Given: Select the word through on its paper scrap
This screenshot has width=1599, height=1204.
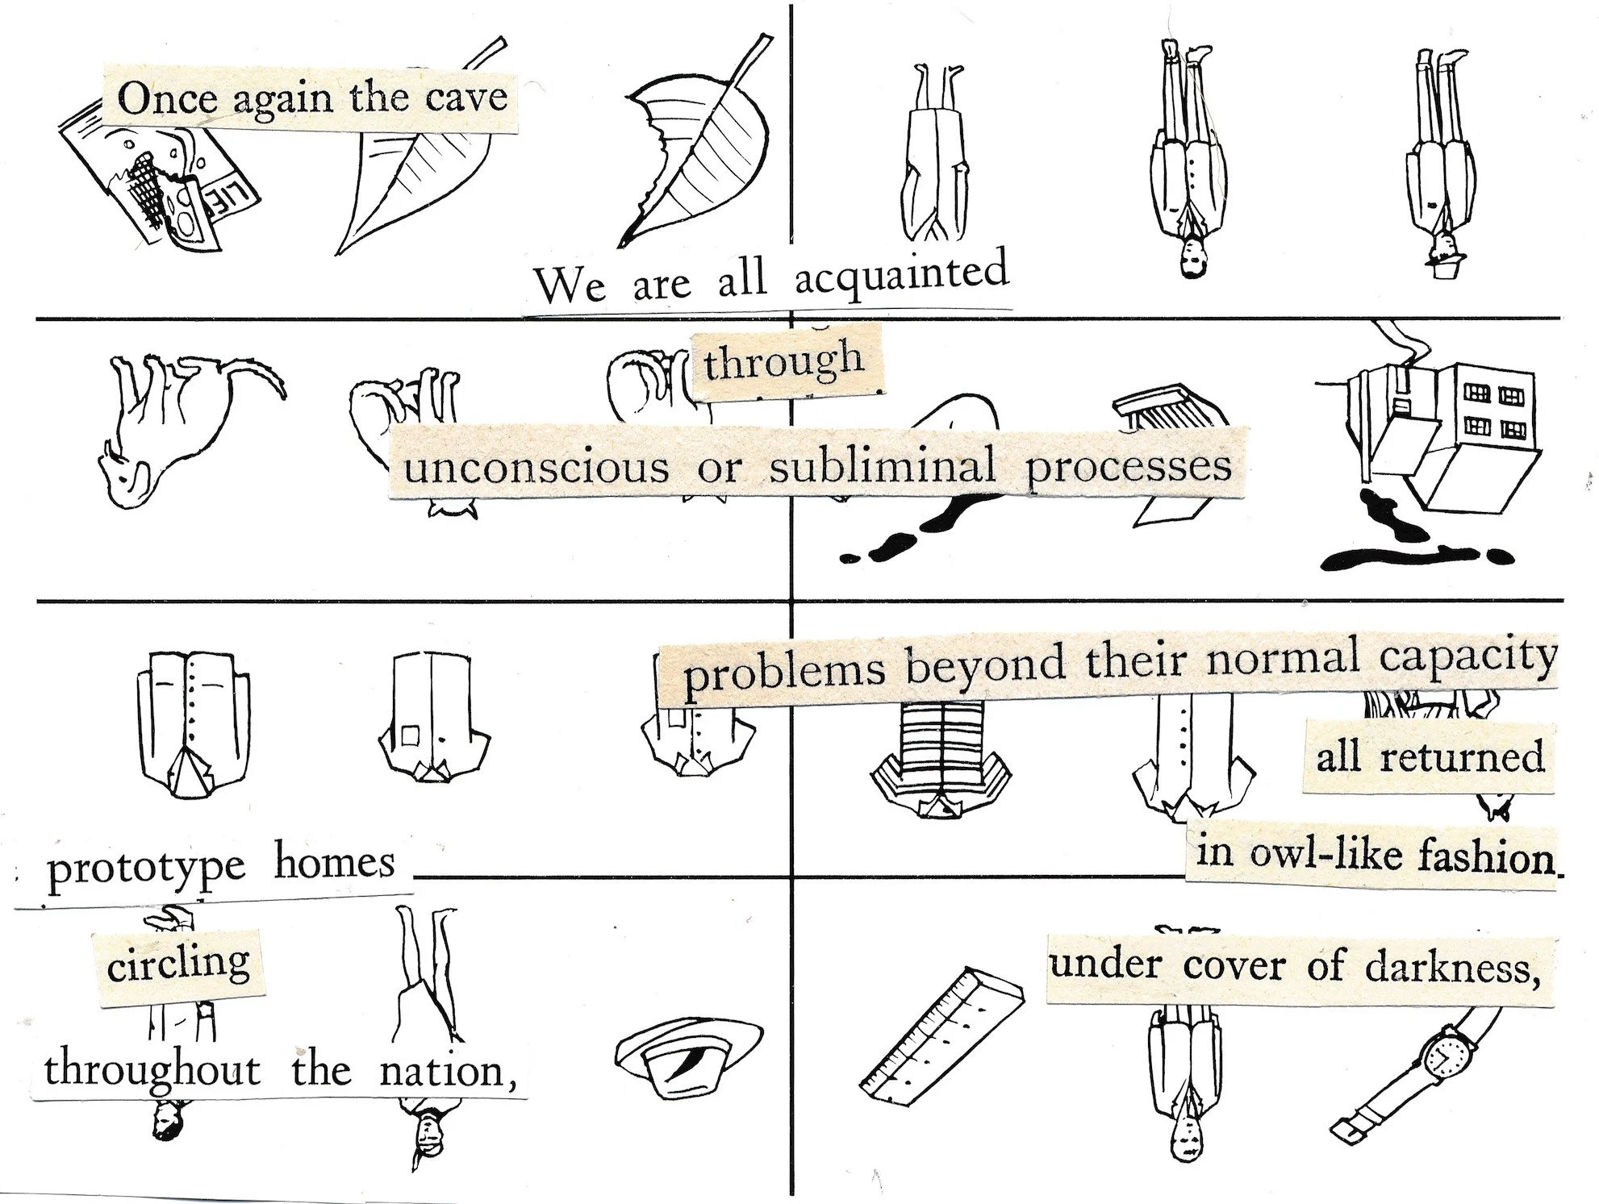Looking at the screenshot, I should coord(783,363).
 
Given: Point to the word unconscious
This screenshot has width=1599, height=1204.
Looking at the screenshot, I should coord(536,469).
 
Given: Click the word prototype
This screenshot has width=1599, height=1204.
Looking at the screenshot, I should coord(145,871).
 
